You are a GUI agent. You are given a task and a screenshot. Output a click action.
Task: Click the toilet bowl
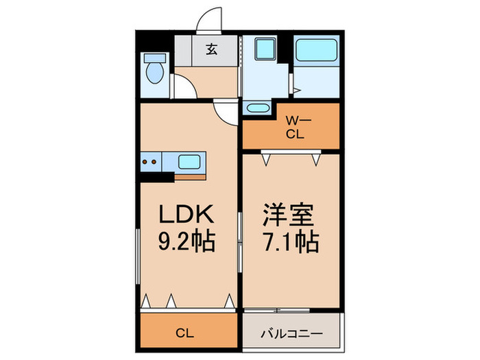click(155, 73)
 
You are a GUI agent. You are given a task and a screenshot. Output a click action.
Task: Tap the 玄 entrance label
click(211, 49)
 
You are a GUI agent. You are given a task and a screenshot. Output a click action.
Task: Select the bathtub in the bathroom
click(317, 50)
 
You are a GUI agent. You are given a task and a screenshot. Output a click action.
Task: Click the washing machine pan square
click(265, 49)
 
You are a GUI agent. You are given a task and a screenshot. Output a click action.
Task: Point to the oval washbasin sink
click(258, 108)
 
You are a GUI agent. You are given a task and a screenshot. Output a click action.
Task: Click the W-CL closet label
click(296, 128)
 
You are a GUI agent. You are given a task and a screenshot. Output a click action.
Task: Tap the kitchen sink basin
click(189, 162)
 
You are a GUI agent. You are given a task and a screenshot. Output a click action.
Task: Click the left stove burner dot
click(146, 162)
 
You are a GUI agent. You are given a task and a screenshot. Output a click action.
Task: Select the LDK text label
click(186, 214)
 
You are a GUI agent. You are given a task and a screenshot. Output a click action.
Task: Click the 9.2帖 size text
click(187, 241)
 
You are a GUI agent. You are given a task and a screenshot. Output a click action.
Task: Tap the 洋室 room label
click(289, 215)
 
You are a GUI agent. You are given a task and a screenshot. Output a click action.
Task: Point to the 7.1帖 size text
click(291, 242)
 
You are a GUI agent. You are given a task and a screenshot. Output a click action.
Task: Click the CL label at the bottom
click(184, 333)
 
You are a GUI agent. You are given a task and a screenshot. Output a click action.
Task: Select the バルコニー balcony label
click(291, 333)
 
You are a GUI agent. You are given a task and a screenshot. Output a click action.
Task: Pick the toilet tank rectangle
click(155, 58)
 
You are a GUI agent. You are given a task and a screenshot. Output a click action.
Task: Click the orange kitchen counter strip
click(190, 177)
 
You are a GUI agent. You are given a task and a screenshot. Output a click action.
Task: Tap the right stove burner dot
click(154, 162)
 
